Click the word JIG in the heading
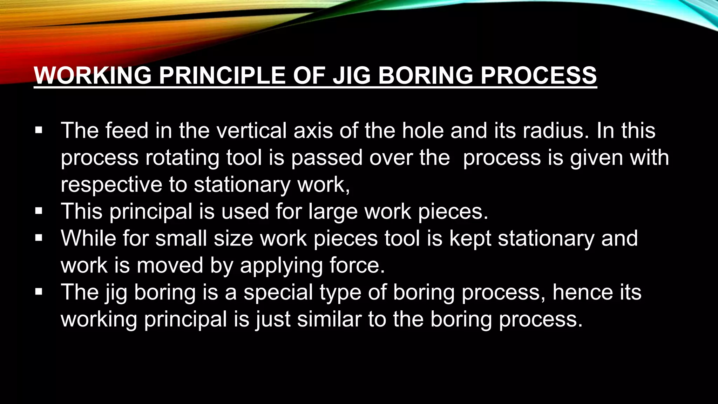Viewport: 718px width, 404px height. tap(352, 75)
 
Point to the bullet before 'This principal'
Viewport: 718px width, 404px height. tap(39, 211)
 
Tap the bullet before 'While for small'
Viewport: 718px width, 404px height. tap(39, 238)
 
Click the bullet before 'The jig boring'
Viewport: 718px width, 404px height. tap(39, 292)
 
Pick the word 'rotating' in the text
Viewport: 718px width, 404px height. tap(182, 157)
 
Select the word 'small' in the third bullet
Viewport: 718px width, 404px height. tap(181, 238)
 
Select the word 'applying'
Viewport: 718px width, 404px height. tap(281, 266)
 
